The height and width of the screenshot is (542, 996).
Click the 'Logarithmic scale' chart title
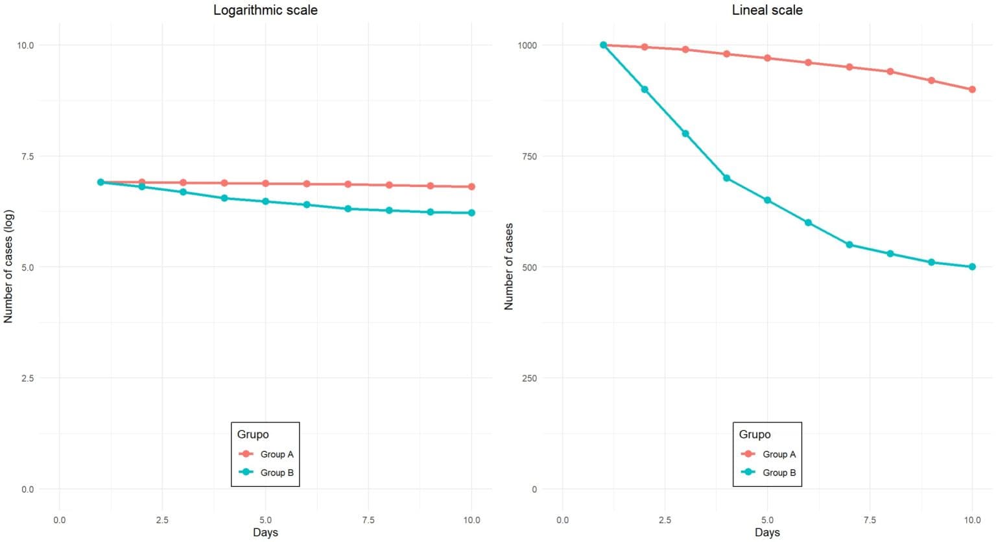(x=265, y=10)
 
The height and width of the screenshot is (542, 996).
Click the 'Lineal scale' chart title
(x=767, y=10)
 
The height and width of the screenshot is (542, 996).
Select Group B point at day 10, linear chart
(x=972, y=267)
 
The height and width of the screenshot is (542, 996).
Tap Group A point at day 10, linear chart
(x=972, y=90)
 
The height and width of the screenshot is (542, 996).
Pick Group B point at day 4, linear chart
(x=726, y=178)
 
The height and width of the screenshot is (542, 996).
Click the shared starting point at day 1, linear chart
(x=603, y=45)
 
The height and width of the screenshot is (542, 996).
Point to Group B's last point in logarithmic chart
(x=471, y=213)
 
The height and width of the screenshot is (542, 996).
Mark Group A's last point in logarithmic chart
(x=471, y=187)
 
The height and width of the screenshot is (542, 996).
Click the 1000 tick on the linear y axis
(x=527, y=45)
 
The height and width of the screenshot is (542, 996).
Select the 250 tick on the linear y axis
(x=529, y=378)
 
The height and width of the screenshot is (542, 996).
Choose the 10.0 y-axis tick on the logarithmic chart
(x=25, y=45)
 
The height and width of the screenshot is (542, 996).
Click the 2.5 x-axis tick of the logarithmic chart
(x=162, y=520)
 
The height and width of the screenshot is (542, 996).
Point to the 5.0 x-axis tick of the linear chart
(x=767, y=520)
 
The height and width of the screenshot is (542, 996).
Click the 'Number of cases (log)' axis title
(x=8, y=267)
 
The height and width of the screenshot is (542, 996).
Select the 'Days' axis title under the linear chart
(x=767, y=533)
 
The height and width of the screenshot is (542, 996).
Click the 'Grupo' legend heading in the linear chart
(x=755, y=435)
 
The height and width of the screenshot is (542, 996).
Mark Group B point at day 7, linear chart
(x=849, y=245)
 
